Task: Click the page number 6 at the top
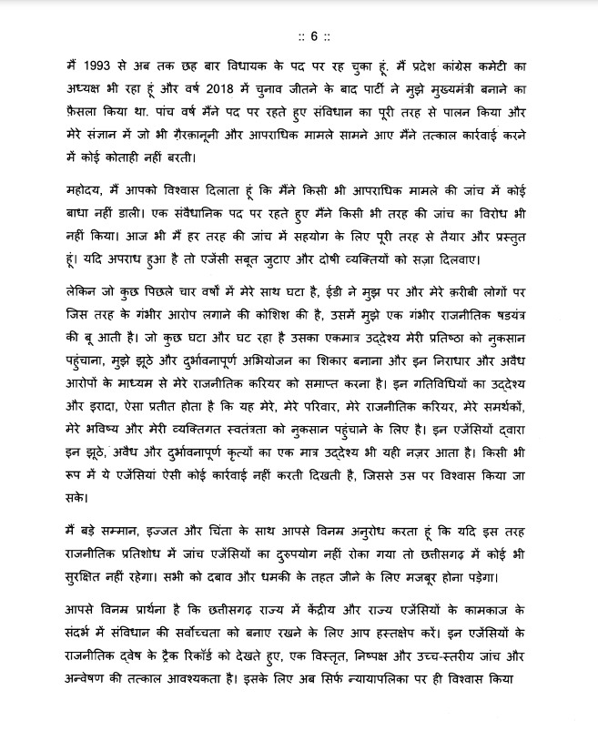click(311, 36)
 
